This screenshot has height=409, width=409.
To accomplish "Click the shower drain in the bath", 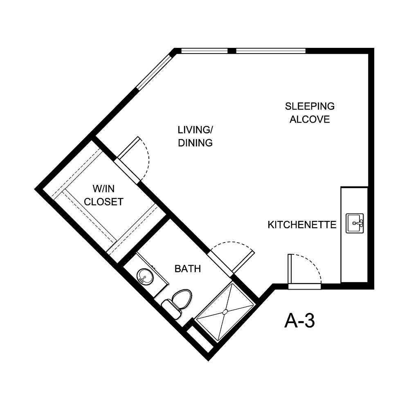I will (x=225, y=312).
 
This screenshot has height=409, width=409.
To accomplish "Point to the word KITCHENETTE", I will (x=302, y=225).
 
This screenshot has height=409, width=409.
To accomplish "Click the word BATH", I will (x=188, y=269).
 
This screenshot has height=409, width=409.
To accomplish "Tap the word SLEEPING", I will (x=310, y=106).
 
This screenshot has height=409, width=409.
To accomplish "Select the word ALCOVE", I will (x=310, y=119).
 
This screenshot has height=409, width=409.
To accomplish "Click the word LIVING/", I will (x=196, y=130).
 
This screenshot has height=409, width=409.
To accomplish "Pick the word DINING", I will (x=196, y=143).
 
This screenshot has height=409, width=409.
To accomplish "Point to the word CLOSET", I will (x=104, y=202).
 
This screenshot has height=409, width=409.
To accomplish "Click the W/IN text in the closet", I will (x=104, y=189).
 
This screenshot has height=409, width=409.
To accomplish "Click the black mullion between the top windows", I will (x=231, y=51).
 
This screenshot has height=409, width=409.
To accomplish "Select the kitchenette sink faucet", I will (x=360, y=223).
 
